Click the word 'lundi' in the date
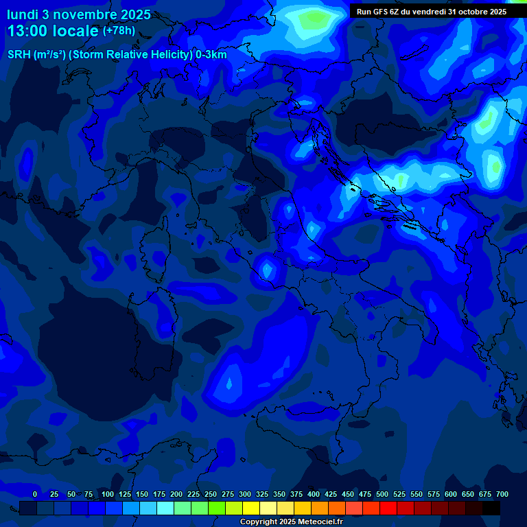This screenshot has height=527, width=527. click(x=23, y=14)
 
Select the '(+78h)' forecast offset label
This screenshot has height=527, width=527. click(x=119, y=31)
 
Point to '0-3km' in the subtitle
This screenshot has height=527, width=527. click(x=211, y=55)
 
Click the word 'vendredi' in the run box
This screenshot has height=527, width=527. click(x=428, y=12)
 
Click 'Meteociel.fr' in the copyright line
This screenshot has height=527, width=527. click(x=319, y=522)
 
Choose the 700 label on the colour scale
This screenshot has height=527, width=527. click(x=502, y=495)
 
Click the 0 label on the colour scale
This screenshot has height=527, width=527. click(x=35, y=495)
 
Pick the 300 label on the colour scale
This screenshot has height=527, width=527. click(x=245, y=495)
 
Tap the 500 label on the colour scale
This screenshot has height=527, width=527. click(x=382, y=495)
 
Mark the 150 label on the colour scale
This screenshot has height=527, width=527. click(x=142, y=495)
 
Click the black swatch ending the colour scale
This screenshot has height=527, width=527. click(x=491, y=508)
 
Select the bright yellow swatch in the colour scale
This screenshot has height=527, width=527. click(x=251, y=508)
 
